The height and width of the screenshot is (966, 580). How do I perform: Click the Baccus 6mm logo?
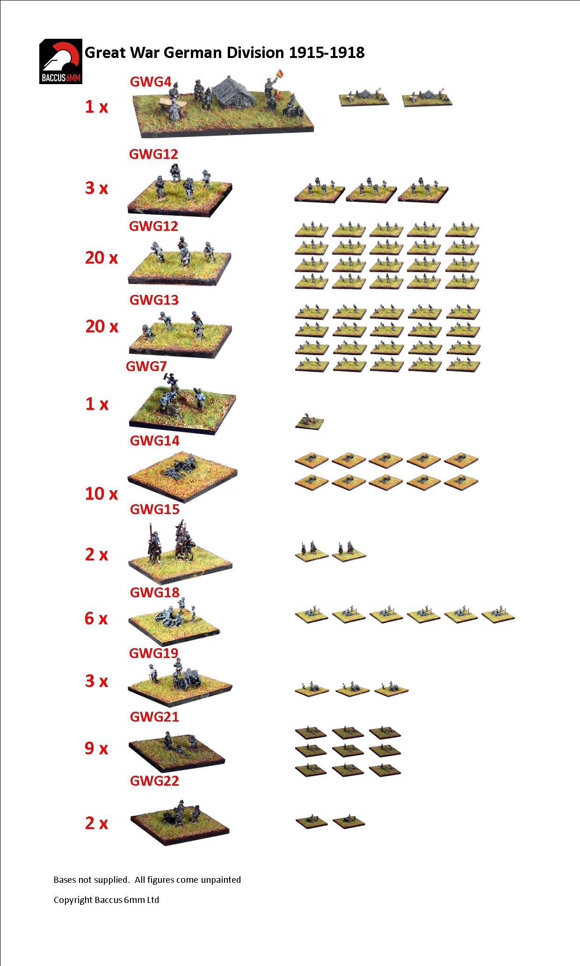(x=61, y=61)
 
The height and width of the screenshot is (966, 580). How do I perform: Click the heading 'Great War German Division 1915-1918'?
(x=225, y=52)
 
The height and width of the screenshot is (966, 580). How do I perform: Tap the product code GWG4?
(x=151, y=82)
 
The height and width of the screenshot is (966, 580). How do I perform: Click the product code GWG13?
(x=154, y=300)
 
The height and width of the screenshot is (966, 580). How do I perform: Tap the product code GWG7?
(x=146, y=366)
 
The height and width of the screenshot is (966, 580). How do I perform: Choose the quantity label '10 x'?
(x=101, y=494)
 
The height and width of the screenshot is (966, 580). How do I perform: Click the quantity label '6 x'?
(x=96, y=618)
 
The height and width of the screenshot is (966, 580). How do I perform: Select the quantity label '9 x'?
(x=96, y=748)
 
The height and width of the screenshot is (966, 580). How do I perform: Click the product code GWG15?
(x=154, y=509)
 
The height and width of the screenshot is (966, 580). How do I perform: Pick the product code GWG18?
(x=154, y=592)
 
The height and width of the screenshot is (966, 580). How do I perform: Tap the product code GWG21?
(x=154, y=716)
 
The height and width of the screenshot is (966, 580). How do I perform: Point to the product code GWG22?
(x=154, y=780)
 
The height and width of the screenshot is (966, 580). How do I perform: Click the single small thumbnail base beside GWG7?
(x=309, y=422)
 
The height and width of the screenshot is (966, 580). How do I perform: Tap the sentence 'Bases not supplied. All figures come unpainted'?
(x=147, y=880)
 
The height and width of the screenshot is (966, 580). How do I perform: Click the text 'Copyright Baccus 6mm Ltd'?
(x=106, y=900)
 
